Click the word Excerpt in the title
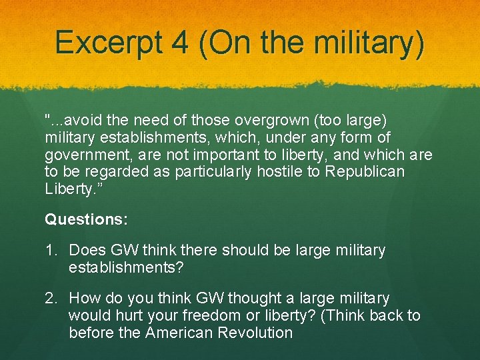[x=109, y=42]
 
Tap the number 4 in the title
[x=180, y=41]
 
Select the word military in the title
[x=365, y=42]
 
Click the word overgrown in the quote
[x=272, y=120]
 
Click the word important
[x=226, y=155]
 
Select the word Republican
[x=365, y=172]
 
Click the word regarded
[x=117, y=172]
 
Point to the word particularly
[x=213, y=173]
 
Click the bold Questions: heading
[x=86, y=219]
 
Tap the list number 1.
[x=51, y=250]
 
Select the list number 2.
[x=51, y=298]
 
